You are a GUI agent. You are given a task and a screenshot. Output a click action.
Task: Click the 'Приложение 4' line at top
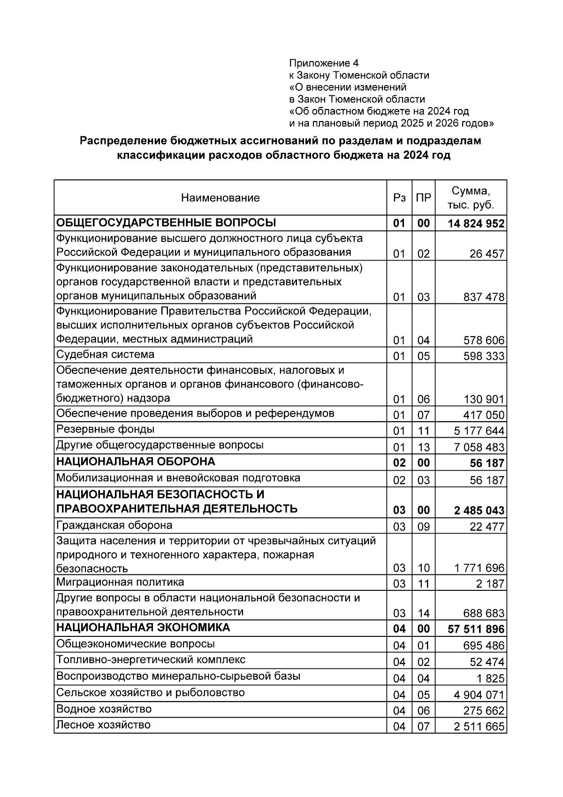324,63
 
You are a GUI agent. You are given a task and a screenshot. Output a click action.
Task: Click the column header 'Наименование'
220,198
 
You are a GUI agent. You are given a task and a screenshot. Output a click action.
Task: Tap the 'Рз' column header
399,198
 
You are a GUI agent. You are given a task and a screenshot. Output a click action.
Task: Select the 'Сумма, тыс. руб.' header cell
471,198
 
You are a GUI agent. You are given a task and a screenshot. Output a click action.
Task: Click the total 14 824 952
476,224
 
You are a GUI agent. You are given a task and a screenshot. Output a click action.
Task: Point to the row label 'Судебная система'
105,354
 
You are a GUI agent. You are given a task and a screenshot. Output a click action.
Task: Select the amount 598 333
484,356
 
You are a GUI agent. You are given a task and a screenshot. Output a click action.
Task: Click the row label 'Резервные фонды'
105,429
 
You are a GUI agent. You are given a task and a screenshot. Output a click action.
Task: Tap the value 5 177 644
479,431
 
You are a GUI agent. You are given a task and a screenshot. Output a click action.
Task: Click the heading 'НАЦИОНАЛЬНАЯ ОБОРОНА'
136,462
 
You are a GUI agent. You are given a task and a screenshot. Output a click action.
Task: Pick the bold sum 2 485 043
479,511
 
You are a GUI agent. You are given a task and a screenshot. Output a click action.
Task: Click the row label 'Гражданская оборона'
114,525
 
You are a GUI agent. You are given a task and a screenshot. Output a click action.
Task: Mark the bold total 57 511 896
476,629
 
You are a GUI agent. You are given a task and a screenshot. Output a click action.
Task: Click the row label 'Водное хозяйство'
104,709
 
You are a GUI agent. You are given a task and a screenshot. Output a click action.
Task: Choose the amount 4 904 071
479,695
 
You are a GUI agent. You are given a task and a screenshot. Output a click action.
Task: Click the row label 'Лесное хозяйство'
103,725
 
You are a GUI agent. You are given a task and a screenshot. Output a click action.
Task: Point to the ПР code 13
424,447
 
